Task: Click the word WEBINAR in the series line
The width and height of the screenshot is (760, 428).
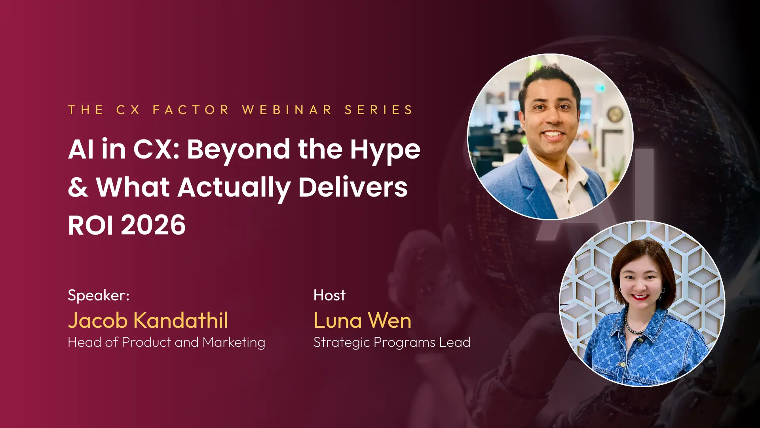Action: (287, 110)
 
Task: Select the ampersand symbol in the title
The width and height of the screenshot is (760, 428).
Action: (78, 187)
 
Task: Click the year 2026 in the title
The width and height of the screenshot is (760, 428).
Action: (153, 225)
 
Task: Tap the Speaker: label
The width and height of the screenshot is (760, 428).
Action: (99, 296)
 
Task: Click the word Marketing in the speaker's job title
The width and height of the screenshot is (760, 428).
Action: (234, 343)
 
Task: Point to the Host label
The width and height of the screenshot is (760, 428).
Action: (329, 295)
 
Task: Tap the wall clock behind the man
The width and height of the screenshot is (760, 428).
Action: (616, 114)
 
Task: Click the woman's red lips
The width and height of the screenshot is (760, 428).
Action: (640, 297)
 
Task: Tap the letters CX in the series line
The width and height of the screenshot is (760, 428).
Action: (128, 110)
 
